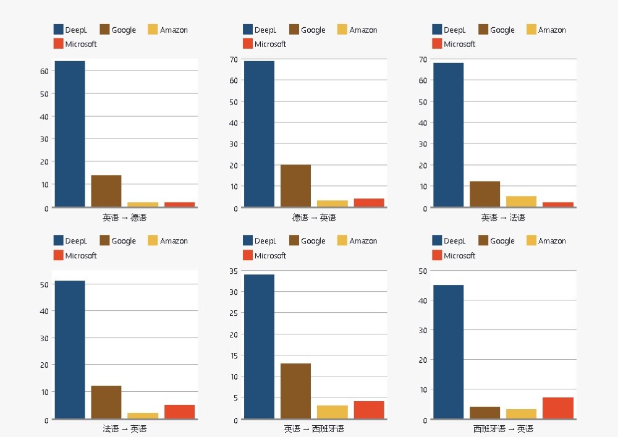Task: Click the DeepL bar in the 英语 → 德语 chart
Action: [x=70, y=134]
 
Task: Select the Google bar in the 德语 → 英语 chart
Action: [x=295, y=185]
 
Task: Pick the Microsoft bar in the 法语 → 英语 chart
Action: [x=179, y=412]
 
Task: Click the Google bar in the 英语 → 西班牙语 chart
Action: [x=295, y=391]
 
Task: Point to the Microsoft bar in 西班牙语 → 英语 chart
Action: [x=558, y=408]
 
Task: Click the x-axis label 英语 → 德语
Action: [x=124, y=218]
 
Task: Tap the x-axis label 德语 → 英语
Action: [x=314, y=218]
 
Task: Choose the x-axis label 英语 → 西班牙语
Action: [x=314, y=429]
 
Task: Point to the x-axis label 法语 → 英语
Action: [x=124, y=429]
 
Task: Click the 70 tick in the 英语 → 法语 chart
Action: [x=423, y=59]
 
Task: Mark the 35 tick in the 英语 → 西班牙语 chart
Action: [x=233, y=271]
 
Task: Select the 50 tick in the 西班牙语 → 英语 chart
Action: [x=423, y=271]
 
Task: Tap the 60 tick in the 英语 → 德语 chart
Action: [x=44, y=71]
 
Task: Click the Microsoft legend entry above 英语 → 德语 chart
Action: [x=75, y=44]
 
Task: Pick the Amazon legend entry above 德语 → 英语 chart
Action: [x=357, y=30]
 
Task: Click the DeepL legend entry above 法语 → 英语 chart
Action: [x=70, y=241]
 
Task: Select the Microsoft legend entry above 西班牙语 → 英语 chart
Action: [x=454, y=255]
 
